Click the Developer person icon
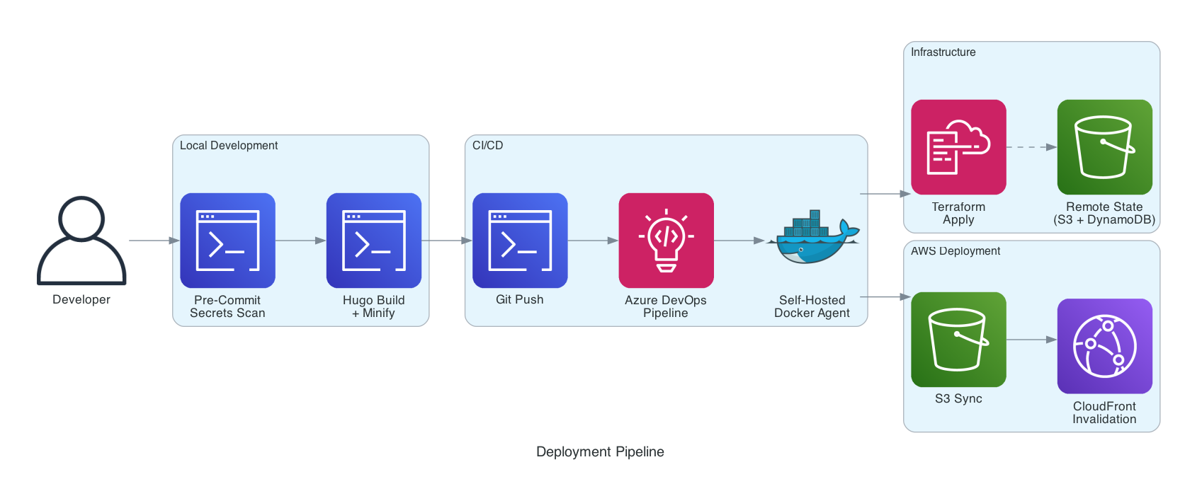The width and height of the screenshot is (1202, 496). [x=81, y=241]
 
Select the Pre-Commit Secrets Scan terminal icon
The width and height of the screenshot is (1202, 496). [x=227, y=241]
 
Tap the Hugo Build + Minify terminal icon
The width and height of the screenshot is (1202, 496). [x=373, y=241]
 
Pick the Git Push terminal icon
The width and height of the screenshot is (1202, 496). [x=520, y=241]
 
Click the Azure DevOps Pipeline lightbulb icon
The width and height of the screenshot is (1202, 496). [x=666, y=241]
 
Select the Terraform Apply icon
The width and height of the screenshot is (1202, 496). [x=958, y=147]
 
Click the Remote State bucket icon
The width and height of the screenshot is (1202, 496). [x=1104, y=147]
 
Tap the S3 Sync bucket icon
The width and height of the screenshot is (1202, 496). [x=958, y=340]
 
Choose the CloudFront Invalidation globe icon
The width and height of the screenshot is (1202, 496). [x=1104, y=346]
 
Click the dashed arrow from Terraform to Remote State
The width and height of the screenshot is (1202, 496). [x=1031, y=147]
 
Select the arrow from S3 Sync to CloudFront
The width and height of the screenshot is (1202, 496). [x=1031, y=340]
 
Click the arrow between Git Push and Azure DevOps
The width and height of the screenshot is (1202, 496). [x=593, y=241]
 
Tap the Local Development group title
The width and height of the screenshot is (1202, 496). [x=228, y=145]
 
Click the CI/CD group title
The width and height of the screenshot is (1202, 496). [x=487, y=145]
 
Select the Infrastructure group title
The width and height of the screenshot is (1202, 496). [x=943, y=52]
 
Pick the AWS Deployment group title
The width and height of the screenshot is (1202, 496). [x=955, y=251]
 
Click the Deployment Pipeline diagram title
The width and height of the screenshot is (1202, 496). [x=600, y=451]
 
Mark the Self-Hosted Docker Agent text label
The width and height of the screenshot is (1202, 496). [x=812, y=306]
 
